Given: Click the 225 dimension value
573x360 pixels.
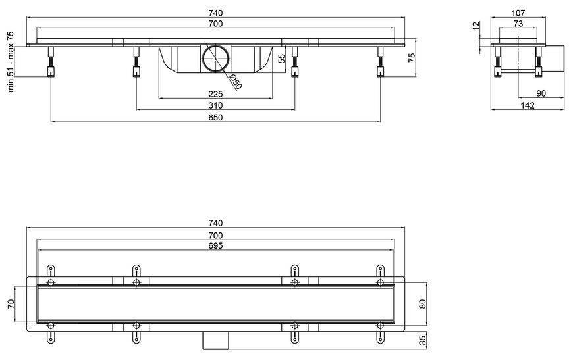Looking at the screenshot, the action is (x=215, y=94).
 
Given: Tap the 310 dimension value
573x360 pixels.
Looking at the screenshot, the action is (x=215, y=105).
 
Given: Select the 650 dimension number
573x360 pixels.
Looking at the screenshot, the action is (x=215, y=118).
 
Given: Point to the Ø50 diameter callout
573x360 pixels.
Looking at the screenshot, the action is (x=236, y=82).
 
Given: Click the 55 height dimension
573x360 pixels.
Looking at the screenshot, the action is (x=282, y=59).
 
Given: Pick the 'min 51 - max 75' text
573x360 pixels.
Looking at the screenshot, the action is (x=11, y=62).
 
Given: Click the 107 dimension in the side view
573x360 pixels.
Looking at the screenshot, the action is (x=518, y=13).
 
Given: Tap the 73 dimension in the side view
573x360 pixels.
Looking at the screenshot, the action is (x=518, y=24).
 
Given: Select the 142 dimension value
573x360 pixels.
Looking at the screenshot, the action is (x=528, y=105).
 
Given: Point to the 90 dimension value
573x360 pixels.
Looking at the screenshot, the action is (x=541, y=93).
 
